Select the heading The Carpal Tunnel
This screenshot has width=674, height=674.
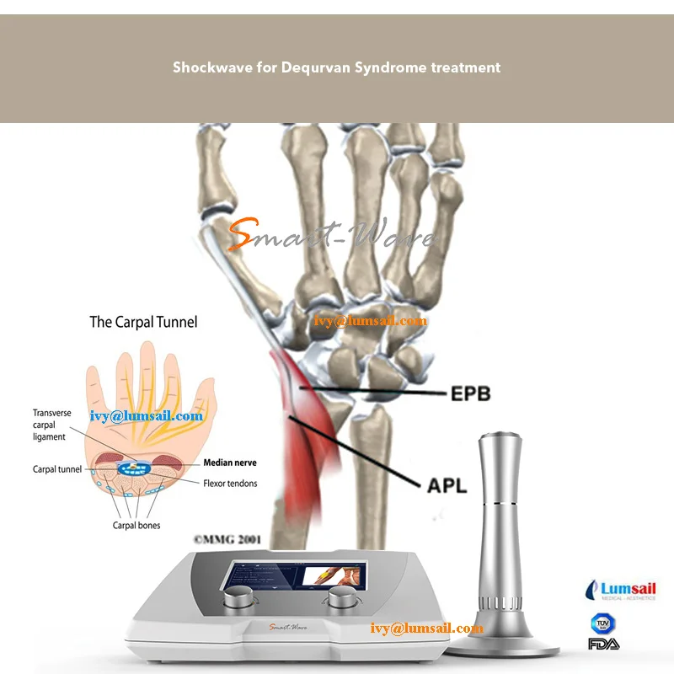point(143,322)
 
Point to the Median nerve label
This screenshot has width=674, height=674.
point(230,463)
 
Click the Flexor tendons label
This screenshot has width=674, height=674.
point(230,484)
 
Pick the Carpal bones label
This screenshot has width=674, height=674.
point(136,526)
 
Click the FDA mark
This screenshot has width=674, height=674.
point(601,644)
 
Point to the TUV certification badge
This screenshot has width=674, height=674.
point(601,623)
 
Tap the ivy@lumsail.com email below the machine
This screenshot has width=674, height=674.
point(427,629)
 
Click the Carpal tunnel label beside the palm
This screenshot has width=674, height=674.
point(56,469)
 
